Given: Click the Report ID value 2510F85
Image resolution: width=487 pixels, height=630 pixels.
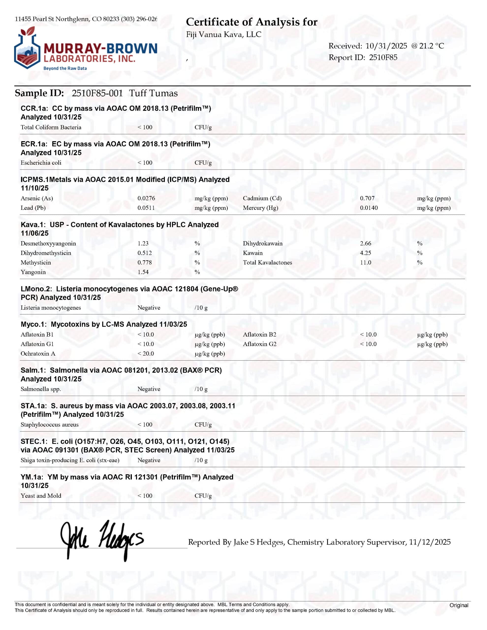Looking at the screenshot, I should click(383, 57).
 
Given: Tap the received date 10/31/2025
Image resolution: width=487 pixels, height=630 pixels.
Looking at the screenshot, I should click(386, 46).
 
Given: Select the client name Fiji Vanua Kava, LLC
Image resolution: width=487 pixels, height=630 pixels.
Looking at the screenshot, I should click(224, 35).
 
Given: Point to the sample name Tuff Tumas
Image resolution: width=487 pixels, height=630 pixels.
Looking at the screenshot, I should click(153, 93).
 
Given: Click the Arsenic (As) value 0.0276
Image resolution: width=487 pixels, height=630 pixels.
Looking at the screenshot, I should click(146, 198).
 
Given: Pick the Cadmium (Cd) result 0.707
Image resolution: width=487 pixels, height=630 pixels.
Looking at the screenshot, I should click(367, 198).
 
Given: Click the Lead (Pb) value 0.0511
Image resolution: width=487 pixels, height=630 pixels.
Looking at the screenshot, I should click(146, 208).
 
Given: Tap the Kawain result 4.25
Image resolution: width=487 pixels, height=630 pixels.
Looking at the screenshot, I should click(365, 253).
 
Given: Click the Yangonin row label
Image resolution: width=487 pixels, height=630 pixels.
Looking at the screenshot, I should click(33, 272).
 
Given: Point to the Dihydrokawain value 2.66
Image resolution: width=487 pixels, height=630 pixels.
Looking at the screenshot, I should click(365, 243).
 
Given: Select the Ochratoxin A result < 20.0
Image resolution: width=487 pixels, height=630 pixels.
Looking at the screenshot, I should click(145, 354).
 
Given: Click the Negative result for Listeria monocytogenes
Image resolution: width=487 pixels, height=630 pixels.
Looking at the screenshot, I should click(149, 308).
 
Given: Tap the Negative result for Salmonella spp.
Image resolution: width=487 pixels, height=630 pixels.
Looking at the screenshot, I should click(149, 389).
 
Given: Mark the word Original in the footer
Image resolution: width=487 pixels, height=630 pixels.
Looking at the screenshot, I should click(459, 605).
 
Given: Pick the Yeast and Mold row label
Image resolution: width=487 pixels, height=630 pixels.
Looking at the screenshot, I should click(41, 496).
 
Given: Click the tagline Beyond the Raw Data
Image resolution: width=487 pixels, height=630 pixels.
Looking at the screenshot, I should click(65, 68).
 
